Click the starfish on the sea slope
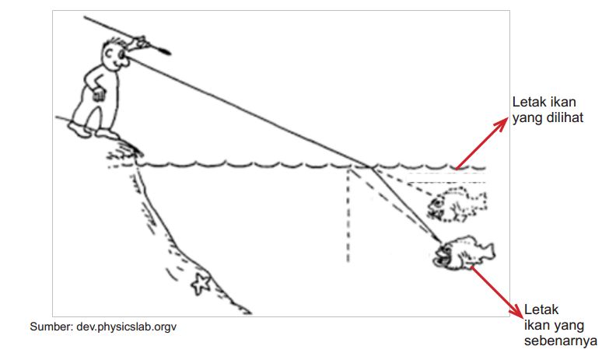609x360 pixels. pyautogui.click(x=201, y=284)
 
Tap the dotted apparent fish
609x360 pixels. pyautogui.click(x=457, y=204)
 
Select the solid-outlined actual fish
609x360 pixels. pyautogui.click(x=464, y=252)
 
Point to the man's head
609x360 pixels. pyautogui.click(x=114, y=54)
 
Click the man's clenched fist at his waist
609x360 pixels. pyautogui.click(x=99, y=94)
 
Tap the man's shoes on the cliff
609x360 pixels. pyautogui.click(x=93, y=131)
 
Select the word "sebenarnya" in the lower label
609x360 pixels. pyautogui.click(x=561, y=341)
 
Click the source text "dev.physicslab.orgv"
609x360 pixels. pyautogui.click(x=126, y=327)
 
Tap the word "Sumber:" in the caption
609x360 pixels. pyautogui.click(x=51, y=327)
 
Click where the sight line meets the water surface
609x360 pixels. pyautogui.click(x=371, y=167)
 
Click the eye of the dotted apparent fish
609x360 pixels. pyautogui.click(x=438, y=202)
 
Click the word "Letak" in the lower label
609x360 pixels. pyautogui.click(x=541, y=309)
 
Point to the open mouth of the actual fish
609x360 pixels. pyautogui.click(x=439, y=255)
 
